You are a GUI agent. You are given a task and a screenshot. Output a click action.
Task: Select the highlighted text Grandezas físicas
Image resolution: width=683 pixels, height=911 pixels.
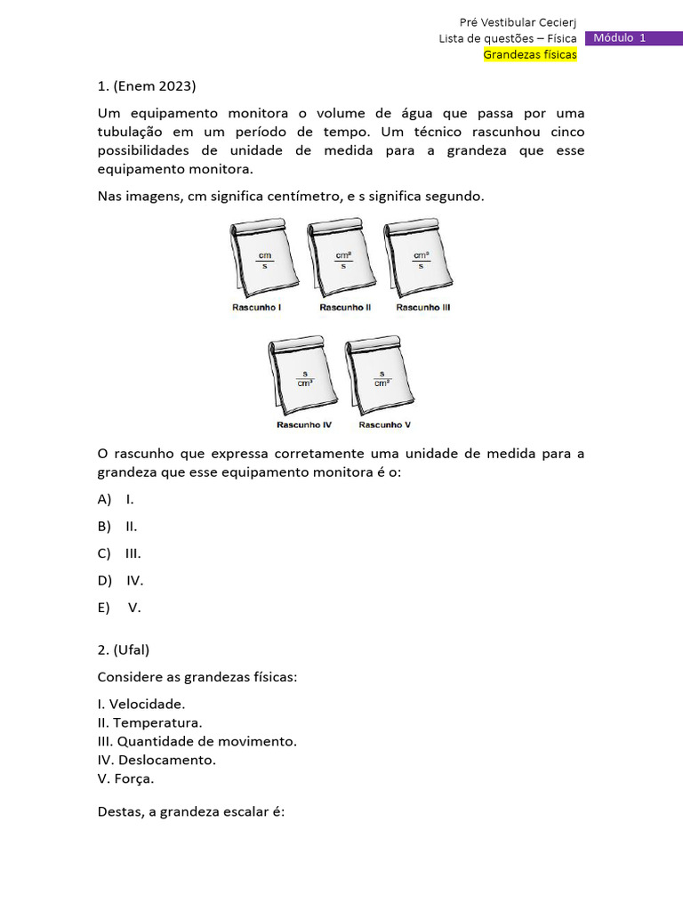(530, 55)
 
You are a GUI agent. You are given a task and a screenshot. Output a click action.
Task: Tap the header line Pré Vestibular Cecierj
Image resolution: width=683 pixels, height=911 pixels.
(518, 22)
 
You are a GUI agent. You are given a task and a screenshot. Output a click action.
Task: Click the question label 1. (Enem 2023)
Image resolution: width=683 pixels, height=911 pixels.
(146, 86)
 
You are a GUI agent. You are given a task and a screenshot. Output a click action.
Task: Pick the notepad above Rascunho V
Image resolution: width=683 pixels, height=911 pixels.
(381, 376)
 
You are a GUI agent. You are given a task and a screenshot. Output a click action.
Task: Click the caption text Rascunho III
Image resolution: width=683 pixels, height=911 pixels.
(423, 307)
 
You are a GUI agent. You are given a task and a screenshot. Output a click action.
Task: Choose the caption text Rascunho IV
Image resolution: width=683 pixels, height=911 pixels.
(304, 424)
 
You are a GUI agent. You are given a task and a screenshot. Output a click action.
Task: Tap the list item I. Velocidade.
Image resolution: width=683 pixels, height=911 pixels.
(141, 704)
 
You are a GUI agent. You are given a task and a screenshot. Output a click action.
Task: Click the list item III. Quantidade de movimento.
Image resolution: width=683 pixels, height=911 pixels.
(197, 741)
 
